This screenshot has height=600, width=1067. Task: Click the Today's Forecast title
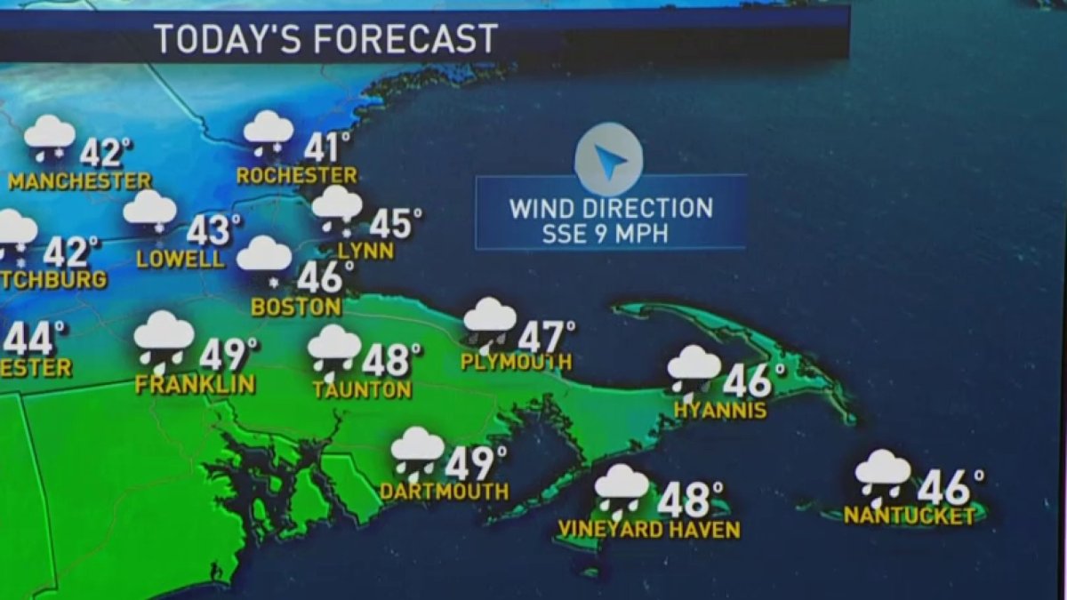325,39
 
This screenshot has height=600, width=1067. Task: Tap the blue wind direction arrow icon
608,161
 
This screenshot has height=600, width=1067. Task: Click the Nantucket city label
909,516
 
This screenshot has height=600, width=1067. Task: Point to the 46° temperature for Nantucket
950,487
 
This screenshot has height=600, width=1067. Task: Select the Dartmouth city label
444,491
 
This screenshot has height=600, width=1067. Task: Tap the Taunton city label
362,389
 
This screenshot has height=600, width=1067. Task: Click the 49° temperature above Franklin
228,355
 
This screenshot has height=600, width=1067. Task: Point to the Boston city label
296,308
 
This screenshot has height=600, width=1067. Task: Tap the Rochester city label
296,176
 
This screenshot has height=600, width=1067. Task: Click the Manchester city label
80,181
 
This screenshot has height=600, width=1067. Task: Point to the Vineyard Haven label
648,530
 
